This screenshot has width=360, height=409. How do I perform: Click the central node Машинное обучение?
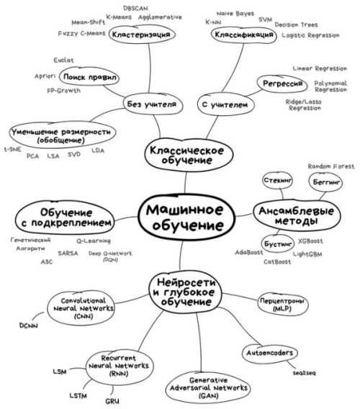(186, 217)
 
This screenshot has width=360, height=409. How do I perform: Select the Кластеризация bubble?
(142, 35)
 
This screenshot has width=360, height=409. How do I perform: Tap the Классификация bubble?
(244, 35)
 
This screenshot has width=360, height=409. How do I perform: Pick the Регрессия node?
(282, 84)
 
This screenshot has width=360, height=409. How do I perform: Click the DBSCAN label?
(135, 9)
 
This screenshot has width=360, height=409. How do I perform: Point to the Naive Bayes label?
(235, 14)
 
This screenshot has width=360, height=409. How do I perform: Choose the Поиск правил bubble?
(89, 77)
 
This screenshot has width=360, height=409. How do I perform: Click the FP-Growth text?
(63, 91)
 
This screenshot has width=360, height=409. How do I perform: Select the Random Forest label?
(331, 166)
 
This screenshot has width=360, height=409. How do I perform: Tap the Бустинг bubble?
(278, 244)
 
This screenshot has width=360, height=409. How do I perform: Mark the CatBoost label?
(277, 261)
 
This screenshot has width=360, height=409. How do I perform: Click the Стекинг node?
(277, 180)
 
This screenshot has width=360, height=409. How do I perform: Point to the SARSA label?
(68, 253)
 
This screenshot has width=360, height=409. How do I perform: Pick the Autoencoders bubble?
(270, 353)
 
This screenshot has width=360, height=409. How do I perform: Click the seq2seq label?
(304, 373)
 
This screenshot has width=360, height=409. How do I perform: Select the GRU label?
(112, 401)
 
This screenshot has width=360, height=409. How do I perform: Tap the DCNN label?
(28, 325)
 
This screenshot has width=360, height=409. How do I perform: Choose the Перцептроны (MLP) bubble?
(282, 305)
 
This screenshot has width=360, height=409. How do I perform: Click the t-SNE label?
(12, 150)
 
